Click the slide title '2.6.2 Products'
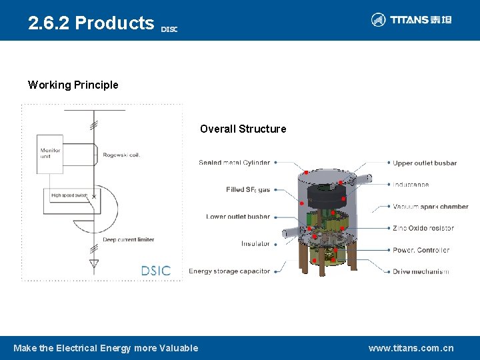tap(91, 23)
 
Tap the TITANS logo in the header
tap(411, 20)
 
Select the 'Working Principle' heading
tap(73, 85)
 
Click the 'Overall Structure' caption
tap(243, 129)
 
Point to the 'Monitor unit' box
tap(50, 153)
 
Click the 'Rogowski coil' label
tap(121, 155)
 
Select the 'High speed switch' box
tap(70, 195)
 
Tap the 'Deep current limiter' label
tap(128, 239)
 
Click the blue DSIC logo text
tap(156, 271)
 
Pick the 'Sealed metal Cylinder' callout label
tap(234, 162)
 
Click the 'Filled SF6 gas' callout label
tap(248, 190)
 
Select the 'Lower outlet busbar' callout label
tap(238, 217)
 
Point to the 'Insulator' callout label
tap(255, 243)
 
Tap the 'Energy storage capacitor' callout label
tap(229, 271)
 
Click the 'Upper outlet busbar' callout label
tap(425, 162)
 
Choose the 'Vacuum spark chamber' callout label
tap(430, 207)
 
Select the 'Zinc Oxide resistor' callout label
tap(423, 228)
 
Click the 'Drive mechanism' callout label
tap(421, 271)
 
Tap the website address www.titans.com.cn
tap(411, 348)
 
